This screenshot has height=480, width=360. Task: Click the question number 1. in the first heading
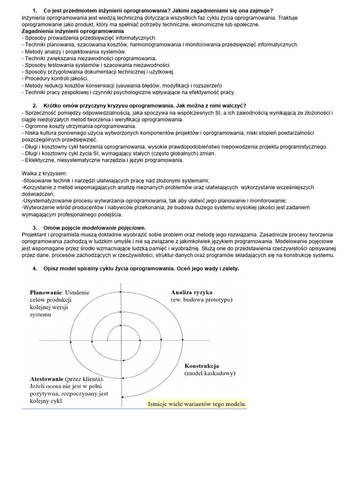pos(35,10)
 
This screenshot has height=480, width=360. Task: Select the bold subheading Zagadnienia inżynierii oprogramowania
pos(69,31)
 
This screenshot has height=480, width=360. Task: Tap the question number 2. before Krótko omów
pos(35,105)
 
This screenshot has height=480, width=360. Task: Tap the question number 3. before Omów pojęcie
pos(35,228)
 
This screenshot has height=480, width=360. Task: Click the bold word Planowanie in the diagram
pos(46,292)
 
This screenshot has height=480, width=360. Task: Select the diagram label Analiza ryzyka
pos(192,292)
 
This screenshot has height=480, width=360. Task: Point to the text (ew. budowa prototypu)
pos(202,300)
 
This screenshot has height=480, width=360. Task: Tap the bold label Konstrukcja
pos(202,366)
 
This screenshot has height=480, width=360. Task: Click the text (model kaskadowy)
pos(210,373)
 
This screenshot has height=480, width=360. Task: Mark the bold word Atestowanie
pos(47,379)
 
